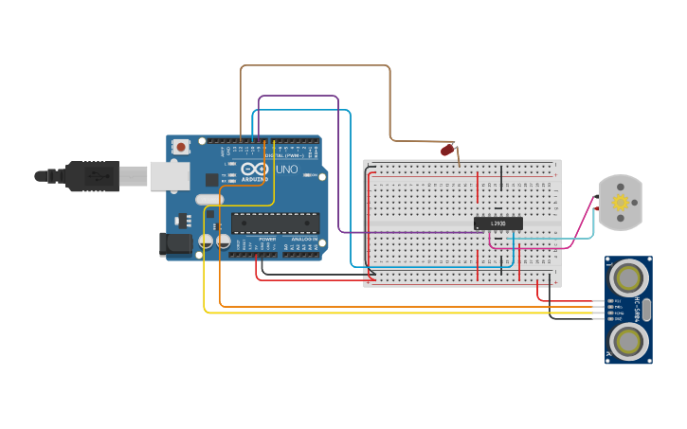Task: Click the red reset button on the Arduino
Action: click(180, 147)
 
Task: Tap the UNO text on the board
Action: click(286, 170)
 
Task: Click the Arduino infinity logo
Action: click(253, 170)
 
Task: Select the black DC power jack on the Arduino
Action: click(176, 243)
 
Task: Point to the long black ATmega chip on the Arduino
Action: click(275, 223)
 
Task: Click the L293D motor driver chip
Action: click(497, 223)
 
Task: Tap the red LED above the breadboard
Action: click(447, 150)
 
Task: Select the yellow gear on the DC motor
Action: click(622, 202)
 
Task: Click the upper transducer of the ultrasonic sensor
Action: click(628, 277)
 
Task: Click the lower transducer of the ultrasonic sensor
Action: click(628, 341)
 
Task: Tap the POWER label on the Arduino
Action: click(267, 240)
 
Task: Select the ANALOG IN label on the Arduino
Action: click(303, 240)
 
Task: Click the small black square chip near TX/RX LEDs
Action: click(212, 179)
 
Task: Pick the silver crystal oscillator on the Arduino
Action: click(209, 200)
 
